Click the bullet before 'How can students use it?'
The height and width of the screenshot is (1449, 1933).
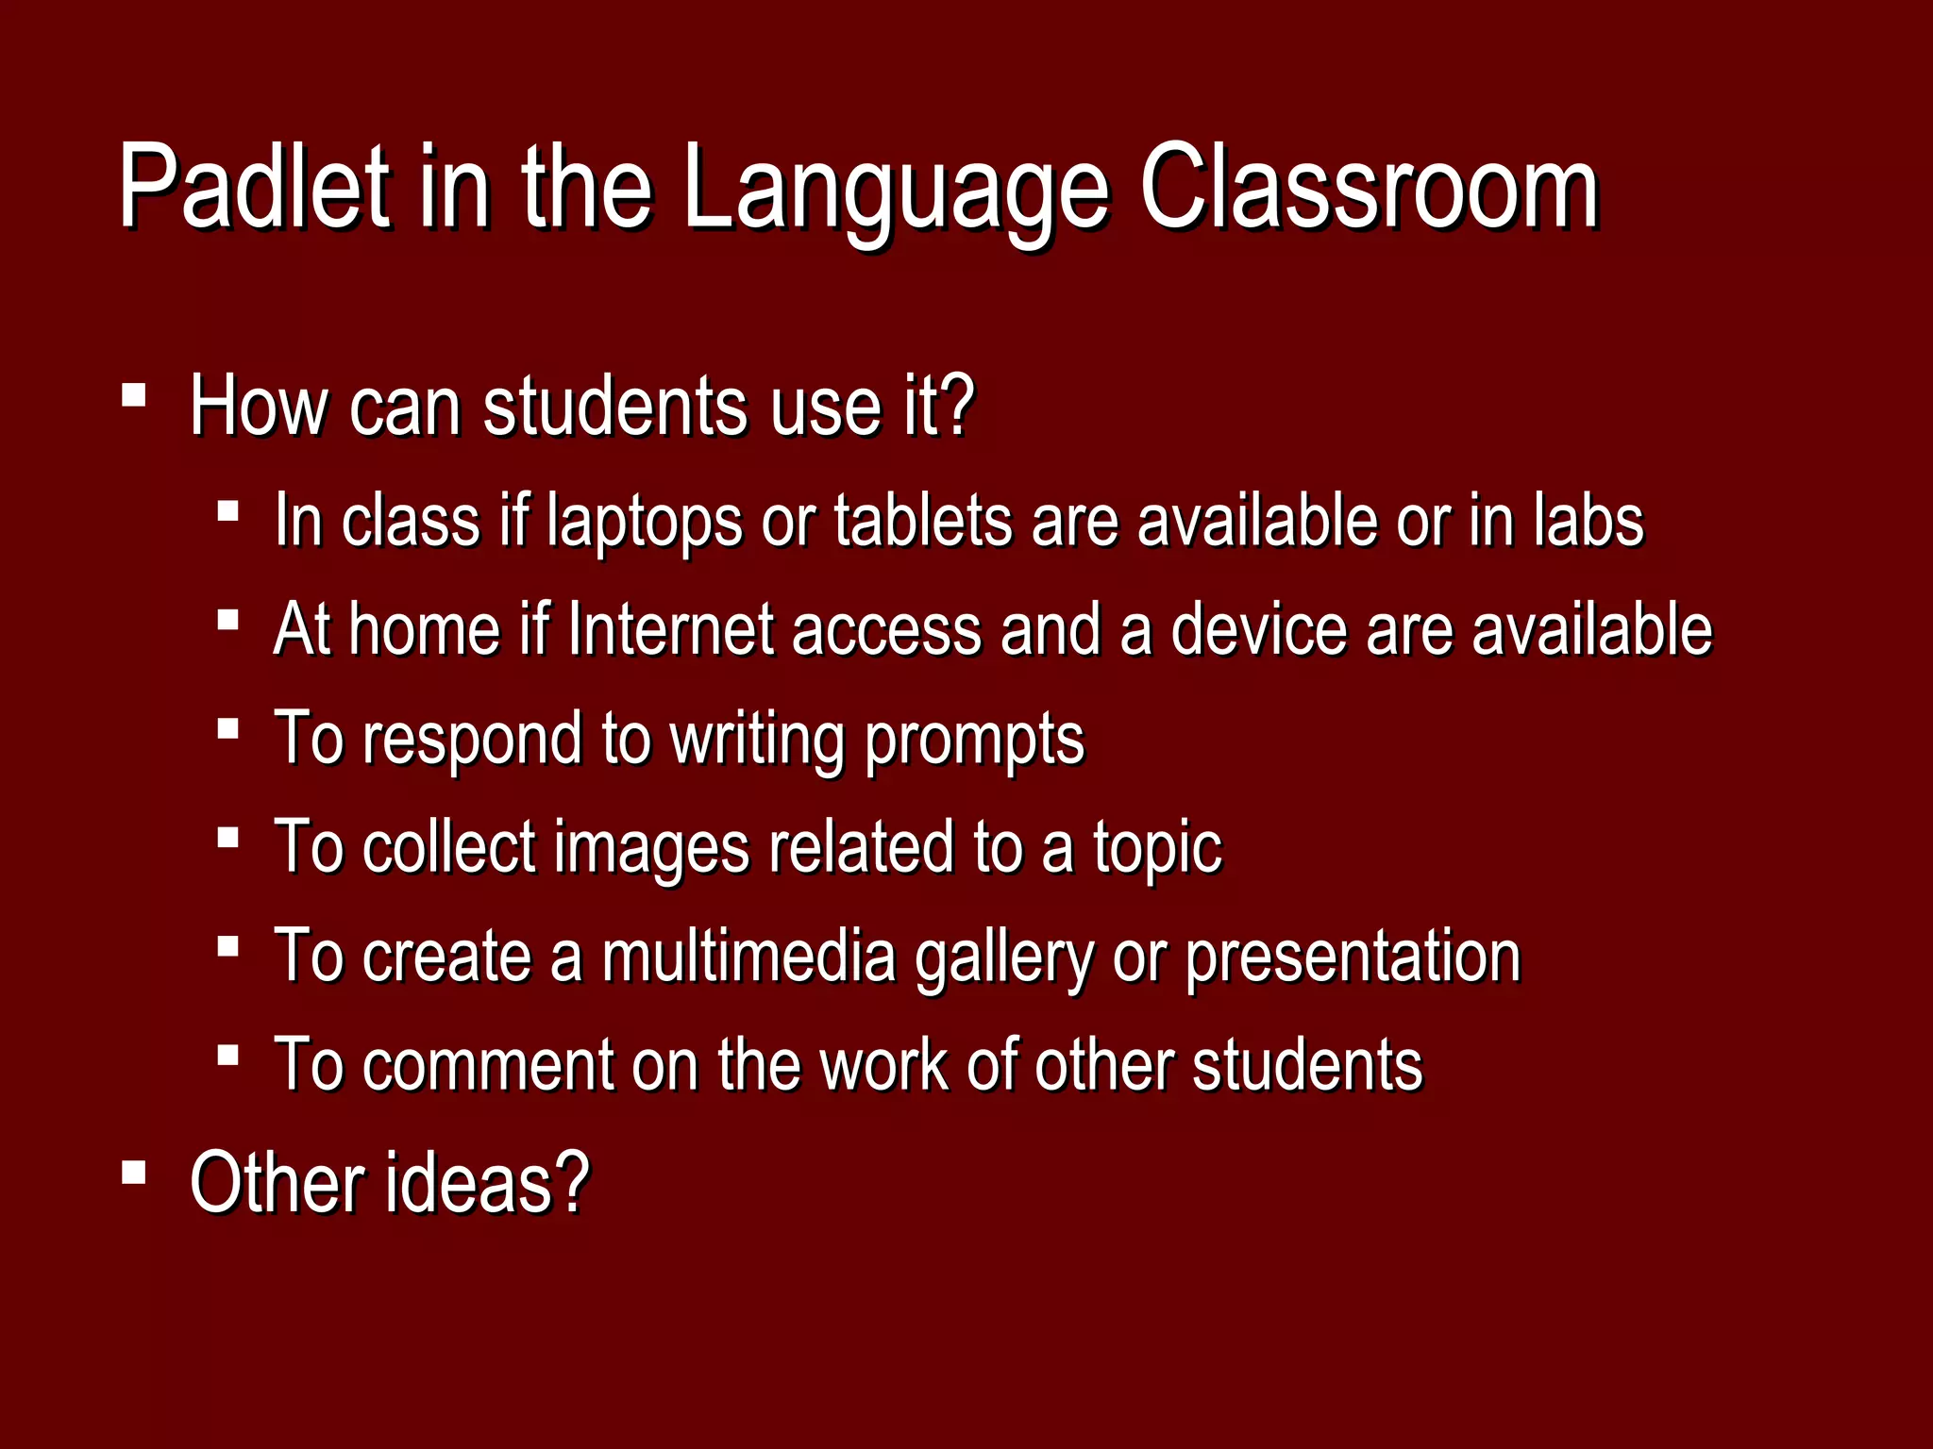point(134,393)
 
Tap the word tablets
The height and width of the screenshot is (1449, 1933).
point(923,521)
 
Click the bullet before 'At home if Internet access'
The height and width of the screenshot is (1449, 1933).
point(227,620)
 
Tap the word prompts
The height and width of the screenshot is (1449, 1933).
point(974,741)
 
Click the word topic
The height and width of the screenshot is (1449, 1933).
point(1157,849)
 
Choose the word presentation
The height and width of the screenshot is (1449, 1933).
point(1352,958)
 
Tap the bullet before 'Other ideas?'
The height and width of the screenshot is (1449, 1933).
point(134,1173)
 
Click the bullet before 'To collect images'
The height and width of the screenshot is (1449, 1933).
point(227,837)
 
